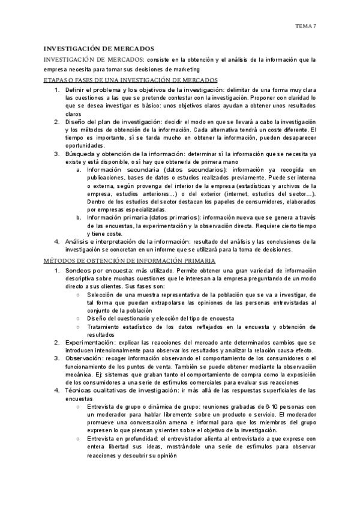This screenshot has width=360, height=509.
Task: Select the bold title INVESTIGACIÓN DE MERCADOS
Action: [99, 48]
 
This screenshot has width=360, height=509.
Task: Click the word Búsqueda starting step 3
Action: [80, 154]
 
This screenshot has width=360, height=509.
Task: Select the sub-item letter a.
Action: [79, 170]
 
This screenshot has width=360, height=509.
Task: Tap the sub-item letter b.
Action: [79, 217]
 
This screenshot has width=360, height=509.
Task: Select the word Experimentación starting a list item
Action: [89, 342]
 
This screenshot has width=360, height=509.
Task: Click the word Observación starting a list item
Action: [83, 358]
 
